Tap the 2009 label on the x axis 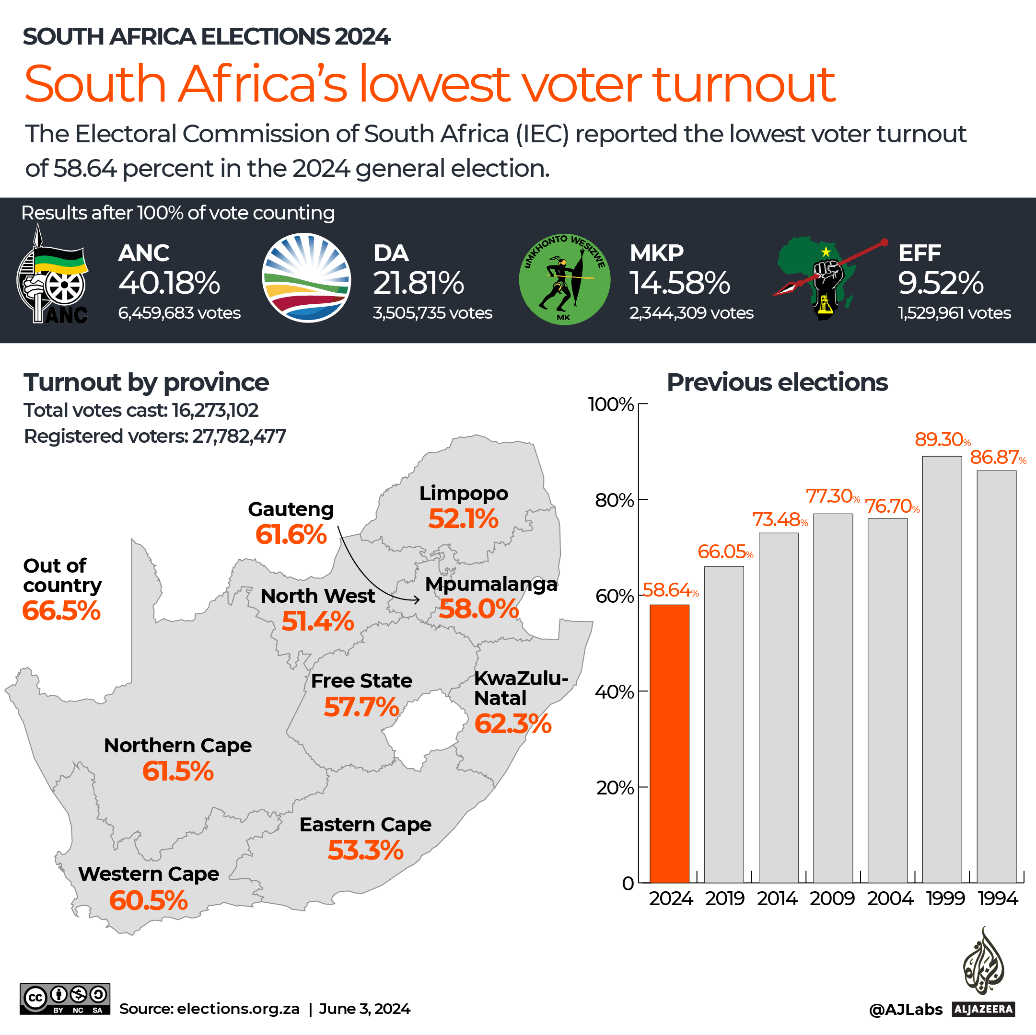point(832,898)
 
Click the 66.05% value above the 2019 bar point(724,552)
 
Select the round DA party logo point(306,277)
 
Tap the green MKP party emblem point(564,279)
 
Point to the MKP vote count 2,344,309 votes point(691,313)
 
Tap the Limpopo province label point(463,493)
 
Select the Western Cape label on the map point(149,874)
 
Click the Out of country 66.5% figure point(61,610)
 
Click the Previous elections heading point(777,383)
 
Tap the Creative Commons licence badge point(65,999)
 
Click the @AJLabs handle point(905,1010)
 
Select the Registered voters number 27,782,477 point(239,437)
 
